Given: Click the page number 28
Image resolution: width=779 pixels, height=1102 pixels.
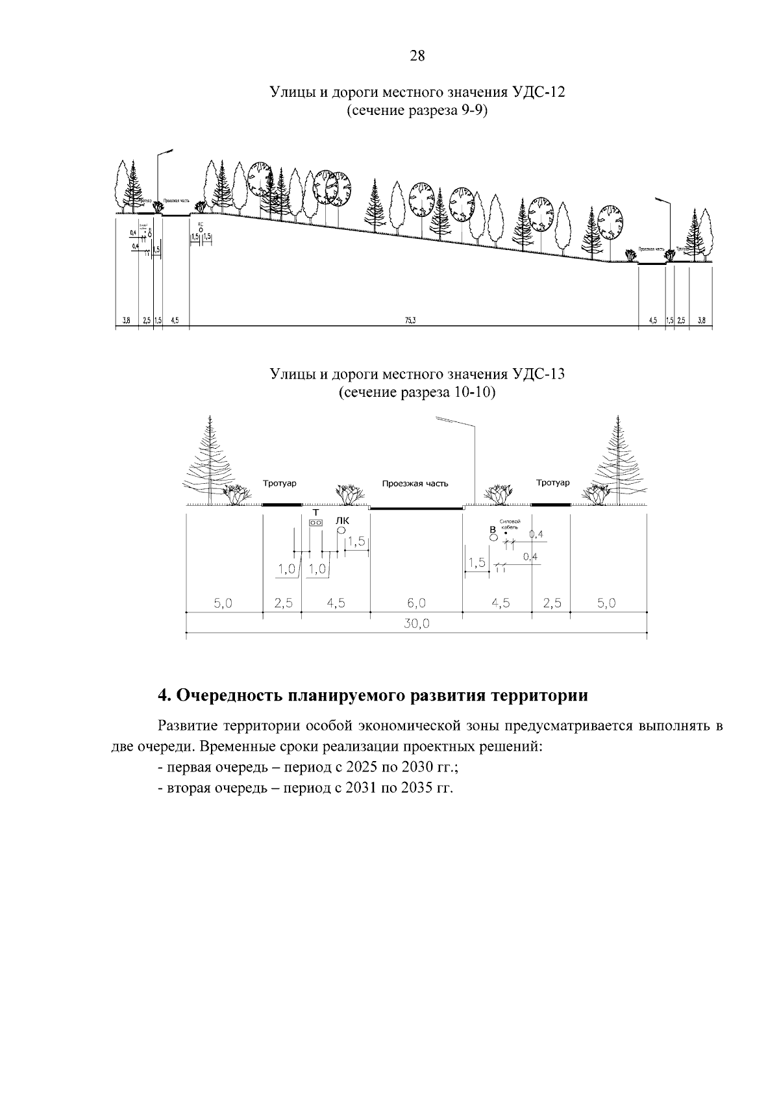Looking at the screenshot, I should (x=417, y=56).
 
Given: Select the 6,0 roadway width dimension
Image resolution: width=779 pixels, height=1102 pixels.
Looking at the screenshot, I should (x=416, y=603).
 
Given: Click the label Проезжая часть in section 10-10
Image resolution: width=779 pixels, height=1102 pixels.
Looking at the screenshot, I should (x=415, y=484).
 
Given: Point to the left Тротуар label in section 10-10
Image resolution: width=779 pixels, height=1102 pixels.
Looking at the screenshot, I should (x=280, y=483).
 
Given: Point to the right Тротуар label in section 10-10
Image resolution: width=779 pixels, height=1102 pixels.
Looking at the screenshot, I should (x=552, y=482).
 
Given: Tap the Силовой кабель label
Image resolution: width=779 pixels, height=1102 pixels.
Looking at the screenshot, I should (x=510, y=525).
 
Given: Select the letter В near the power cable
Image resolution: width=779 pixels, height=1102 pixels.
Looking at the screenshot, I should (x=492, y=530).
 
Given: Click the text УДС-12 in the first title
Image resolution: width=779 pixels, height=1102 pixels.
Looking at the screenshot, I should (x=538, y=92).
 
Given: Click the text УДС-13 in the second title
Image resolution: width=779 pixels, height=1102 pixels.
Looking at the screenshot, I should (x=538, y=375).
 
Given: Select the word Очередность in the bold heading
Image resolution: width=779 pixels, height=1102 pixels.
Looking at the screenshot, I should (x=228, y=695).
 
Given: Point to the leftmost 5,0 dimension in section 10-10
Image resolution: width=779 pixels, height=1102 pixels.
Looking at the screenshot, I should (x=223, y=603).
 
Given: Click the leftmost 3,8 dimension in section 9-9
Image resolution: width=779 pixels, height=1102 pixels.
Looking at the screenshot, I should (x=127, y=320).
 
